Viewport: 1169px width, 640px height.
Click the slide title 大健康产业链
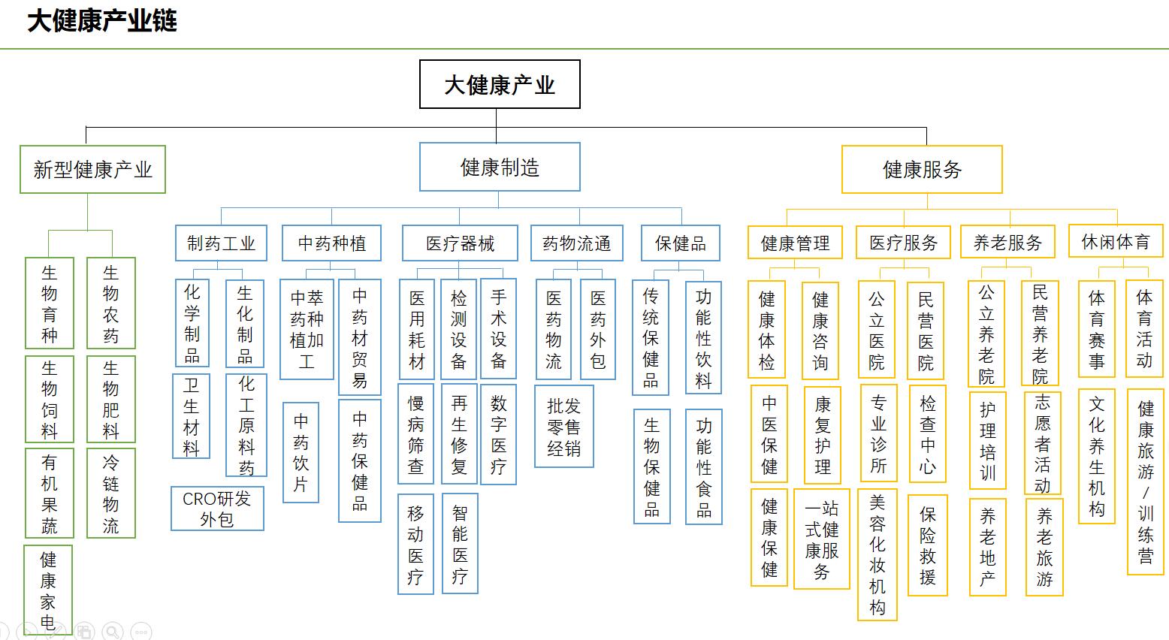click(x=101, y=21)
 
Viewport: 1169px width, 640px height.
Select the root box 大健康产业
click(x=500, y=84)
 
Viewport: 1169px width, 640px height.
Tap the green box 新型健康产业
click(x=92, y=170)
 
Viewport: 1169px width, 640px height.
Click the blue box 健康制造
click(x=500, y=167)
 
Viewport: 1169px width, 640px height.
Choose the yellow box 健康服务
click(x=922, y=170)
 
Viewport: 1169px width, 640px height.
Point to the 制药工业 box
click(x=221, y=243)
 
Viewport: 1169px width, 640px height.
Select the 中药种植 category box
click(x=331, y=243)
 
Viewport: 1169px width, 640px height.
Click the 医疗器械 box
click(x=460, y=243)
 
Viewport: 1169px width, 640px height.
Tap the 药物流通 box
click(x=577, y=243)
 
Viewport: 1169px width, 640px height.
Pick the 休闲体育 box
click(x=1116, y=241)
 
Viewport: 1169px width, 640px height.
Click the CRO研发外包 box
click(x=217, y=509)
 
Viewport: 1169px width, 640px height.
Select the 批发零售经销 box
click(x=563, y=427)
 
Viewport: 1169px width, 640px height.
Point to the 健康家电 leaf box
click(x=48, y=590)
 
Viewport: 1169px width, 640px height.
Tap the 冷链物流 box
click(x=110, y=494)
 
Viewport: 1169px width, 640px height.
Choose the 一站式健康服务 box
click(x=821, y=539)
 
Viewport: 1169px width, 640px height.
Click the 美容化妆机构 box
click(x=878, y=554)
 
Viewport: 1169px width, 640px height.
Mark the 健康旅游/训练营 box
click(x=1146, y=482)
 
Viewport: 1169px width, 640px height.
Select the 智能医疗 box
click(x=460, y=544)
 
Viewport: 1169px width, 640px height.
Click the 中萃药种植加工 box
click(x=307, y=329)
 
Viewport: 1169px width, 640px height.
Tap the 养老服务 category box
click(x=1007, y=242)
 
